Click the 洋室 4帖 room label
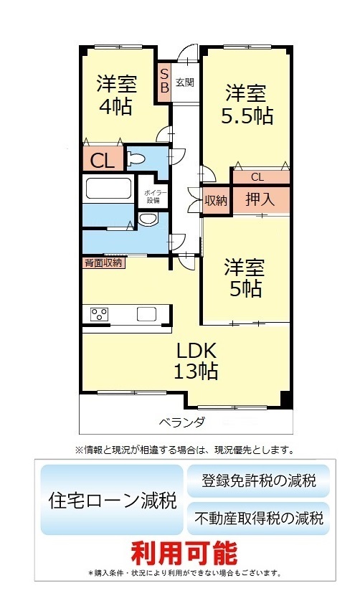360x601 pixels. tap(116, 95)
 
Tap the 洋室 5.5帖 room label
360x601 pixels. tap(247, 104)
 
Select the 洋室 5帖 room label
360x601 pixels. tap(245, 278)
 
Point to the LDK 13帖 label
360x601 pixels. tap(196, 360)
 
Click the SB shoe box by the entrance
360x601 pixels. tap(164, 81)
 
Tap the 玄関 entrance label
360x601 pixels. tap(185, 82)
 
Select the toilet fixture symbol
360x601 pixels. tap(136, 158)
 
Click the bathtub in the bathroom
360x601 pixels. tap(108, 188)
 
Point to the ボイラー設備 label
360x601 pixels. tap(154, 197)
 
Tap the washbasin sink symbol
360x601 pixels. tap(148, 219)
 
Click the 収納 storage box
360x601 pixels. tap(216, 201)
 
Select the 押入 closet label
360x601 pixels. tap(260, 199)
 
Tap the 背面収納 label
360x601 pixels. tap(103, 262)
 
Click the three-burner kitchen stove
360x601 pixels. tap(99, 314)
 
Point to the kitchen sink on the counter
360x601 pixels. tap(147, 314)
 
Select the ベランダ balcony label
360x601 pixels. tap(182, 422)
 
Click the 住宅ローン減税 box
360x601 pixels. tap(112, 500)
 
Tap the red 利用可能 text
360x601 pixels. tap(184, 553)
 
